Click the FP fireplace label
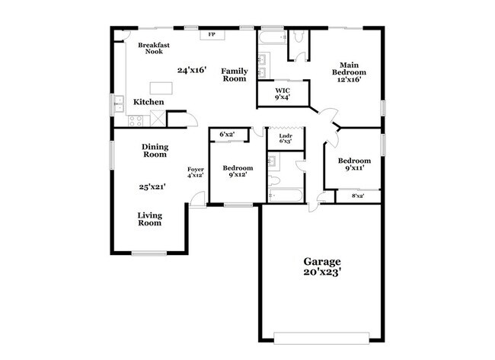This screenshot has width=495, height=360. point(211,35)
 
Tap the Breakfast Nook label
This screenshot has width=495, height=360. point(153,49)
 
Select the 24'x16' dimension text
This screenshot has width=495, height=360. point(192,70)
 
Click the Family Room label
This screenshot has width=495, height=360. point(235,75)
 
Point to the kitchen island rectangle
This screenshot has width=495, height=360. point(161,86)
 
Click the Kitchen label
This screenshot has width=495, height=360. point(148,102)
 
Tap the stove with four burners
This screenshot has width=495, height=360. point(135,119)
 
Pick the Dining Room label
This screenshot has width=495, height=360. point(155,151)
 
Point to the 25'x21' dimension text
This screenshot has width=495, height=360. point(152,186)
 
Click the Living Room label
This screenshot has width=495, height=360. point(150,219)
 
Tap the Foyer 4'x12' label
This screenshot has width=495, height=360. point(196,172)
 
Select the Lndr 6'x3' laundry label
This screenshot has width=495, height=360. point(286,139)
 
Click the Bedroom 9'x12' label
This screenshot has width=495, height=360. point(237,171)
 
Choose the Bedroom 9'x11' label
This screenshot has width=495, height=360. point(354,165)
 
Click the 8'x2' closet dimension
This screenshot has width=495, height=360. point(357,196)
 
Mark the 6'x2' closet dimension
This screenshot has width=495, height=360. point(227,135)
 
